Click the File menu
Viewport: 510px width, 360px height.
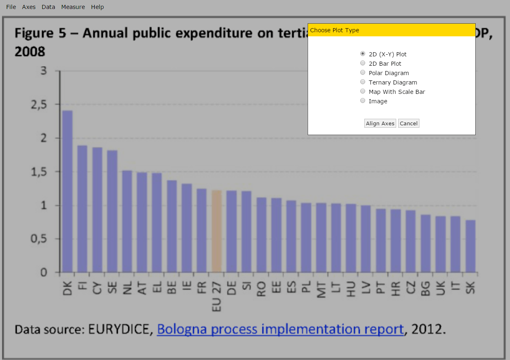coord(11,7)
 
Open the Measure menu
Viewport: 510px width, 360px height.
coord(73,7)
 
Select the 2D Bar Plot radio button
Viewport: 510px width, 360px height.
coord(363,63)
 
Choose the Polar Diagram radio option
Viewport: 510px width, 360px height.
coord(363,73)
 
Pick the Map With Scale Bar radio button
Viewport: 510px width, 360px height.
coord(363,91)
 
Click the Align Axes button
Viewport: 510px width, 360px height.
coord(380,123)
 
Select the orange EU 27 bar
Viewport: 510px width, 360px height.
coord(217,231)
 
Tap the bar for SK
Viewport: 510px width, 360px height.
coord(470,246)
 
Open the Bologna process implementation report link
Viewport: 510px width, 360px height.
coord(280,329)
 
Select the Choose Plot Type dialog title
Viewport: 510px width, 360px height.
coord(335,30)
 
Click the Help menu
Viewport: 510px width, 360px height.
coord(98,7)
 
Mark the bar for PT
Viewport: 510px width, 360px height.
coord(381,240)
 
